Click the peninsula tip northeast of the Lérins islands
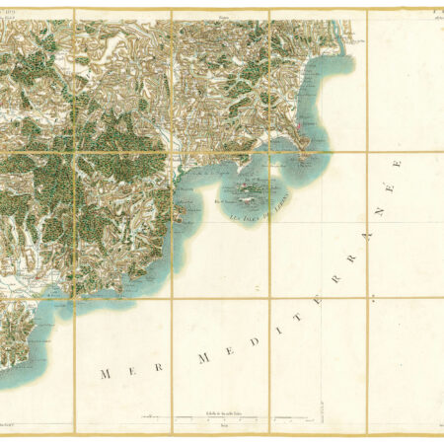314,158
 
